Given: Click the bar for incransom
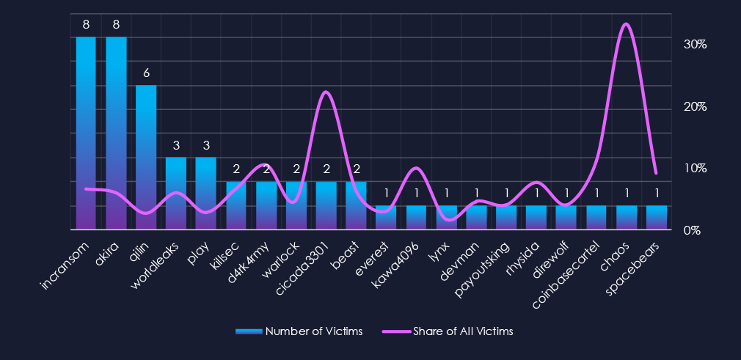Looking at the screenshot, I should [x=86, y=133].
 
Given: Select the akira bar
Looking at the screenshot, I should [x=116, y=133].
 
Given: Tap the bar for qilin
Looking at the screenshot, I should [x=146, y=158].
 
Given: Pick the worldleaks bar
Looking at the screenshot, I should [x=176, y=194].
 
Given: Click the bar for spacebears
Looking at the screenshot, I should [x=657, y=218].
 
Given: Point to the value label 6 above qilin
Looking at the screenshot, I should [x=146, y=73].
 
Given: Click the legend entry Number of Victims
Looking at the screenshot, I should [x=299, y=331].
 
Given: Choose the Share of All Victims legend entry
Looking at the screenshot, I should [x=448, y=331].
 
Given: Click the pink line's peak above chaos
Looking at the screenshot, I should [x=625, y=24].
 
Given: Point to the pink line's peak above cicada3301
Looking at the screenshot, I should [x=326, y=92].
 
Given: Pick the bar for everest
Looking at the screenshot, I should [x=386, y=218].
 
